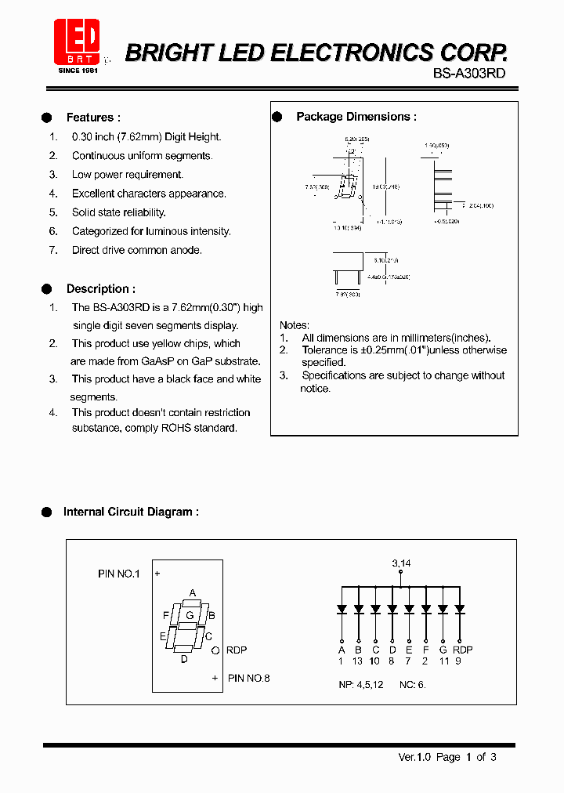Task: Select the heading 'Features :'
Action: point(93,118)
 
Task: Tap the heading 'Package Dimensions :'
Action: point(356,117)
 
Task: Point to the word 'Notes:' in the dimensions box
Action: point(295,325)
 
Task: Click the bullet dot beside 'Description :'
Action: point(46,288)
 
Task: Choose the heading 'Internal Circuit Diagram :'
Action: point(131,512)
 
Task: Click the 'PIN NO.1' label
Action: point(118,574)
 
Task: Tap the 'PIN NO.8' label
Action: point(248,678)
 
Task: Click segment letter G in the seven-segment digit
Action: point(189,615)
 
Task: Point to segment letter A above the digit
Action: point(193,593)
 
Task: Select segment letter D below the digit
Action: point(184,659)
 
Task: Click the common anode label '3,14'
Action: point(401,563)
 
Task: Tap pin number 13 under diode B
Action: point(357,661)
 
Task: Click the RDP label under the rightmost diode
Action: point(462,650)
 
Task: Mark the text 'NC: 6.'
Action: point(412,684)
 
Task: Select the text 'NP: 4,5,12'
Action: point(360,684)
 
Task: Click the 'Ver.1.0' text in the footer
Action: point(414,757)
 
